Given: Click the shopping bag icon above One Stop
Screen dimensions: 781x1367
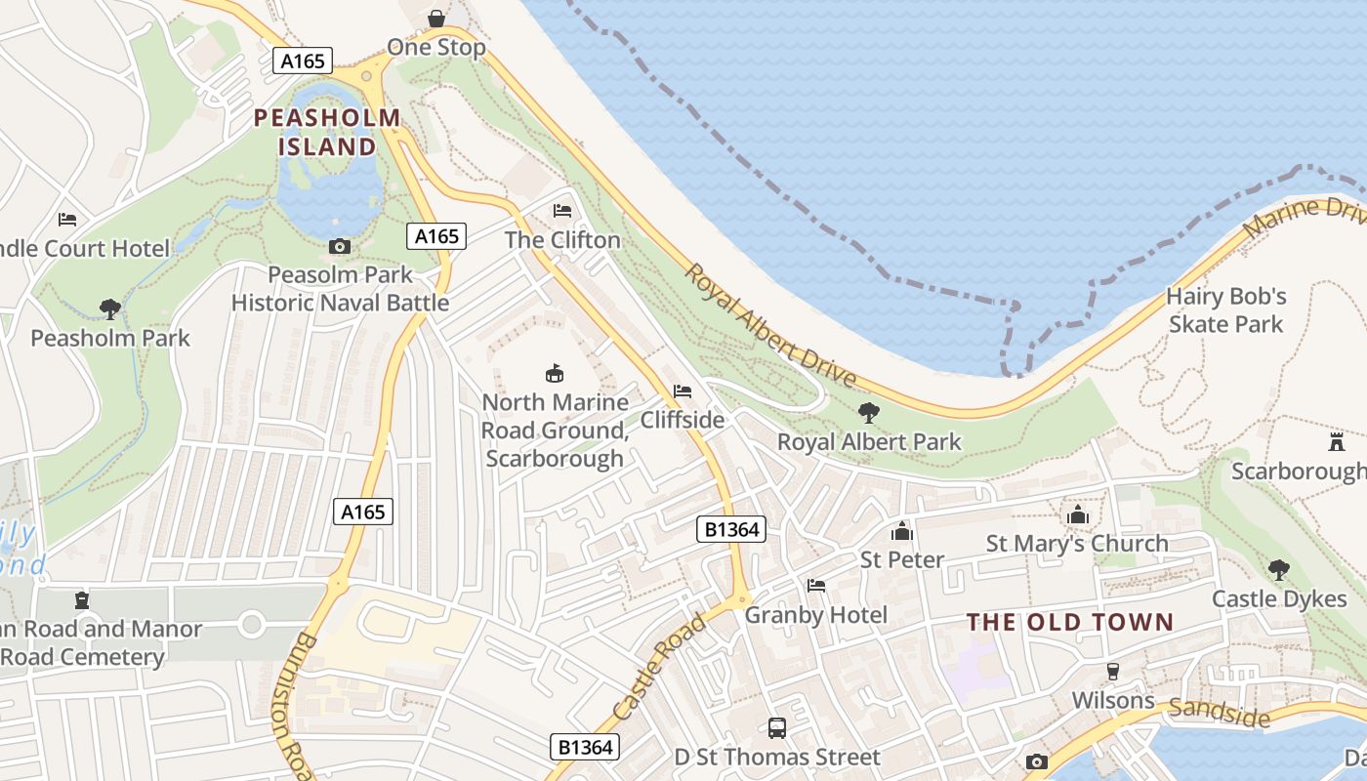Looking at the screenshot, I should [435, 19].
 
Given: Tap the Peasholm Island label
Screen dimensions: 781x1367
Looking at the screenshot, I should [327, 133].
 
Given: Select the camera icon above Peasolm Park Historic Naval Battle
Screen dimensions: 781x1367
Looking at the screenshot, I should [340, 246].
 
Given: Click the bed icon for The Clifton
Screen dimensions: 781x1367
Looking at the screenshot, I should [562, 211].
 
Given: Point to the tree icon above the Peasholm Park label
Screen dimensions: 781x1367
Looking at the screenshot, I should [110, 309].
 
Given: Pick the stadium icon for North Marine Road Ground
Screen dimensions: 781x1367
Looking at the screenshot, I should [555, 373].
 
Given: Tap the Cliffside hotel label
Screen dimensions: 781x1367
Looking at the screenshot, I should [683, 420].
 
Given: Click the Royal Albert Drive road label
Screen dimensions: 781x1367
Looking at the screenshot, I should [768, 325].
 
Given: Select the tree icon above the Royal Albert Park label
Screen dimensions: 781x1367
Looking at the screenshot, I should [868, 413].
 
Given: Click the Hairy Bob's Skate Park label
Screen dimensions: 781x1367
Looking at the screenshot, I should [1226, 310].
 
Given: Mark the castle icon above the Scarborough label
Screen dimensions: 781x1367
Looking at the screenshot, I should [1337, 441].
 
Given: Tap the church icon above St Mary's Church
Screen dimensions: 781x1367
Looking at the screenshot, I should [1078, 514].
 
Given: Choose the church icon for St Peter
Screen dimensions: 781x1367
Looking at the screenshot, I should [901, 531].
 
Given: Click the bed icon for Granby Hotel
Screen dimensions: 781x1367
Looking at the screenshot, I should [816, 586].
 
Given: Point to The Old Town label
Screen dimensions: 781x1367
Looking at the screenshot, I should [1070, 622].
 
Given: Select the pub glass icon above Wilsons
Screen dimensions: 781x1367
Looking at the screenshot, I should [1112, 672].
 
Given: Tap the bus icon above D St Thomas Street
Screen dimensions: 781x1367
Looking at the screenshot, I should [777, 727].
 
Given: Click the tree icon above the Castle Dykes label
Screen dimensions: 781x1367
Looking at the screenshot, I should [1278, 569].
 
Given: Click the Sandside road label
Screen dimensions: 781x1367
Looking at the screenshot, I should [1221, 714].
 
